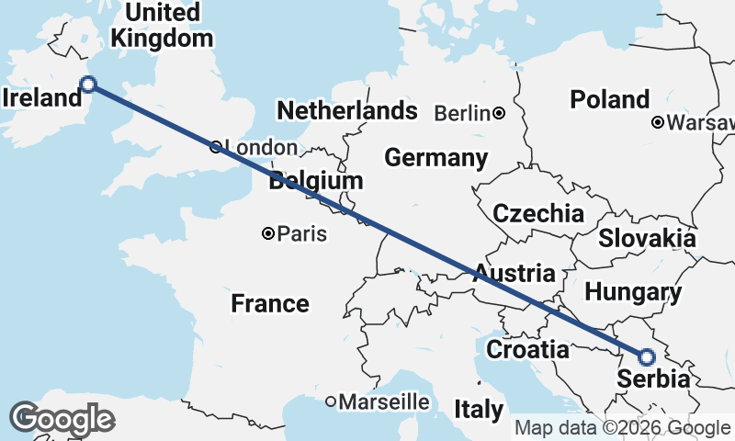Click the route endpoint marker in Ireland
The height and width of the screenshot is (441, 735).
click(x=88, y=85)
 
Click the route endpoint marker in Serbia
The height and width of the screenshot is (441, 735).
click(x=646, y=356)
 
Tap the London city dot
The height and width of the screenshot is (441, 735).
click(x=215, y=147)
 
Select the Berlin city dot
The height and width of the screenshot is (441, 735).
click(x=498, y=113)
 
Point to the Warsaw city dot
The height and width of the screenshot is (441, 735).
click(x=658, y=122)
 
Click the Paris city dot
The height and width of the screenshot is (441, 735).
click(x=267, y=234)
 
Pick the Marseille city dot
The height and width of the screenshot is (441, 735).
click(x=332, y=401)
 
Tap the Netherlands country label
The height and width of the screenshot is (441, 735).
click(x=347, y=111)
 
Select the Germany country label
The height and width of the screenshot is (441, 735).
click(x=435, y=158)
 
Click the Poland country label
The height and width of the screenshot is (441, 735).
click(x=609, y=99)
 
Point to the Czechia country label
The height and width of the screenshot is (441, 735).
click(x=538, y=214)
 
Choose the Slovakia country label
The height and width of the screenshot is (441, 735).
click(x=647, y=239)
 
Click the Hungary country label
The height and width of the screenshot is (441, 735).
click(x=633, y=293)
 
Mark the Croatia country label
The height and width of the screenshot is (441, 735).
click(x=527, y=349)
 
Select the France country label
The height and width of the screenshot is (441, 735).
click(x=269, y=303)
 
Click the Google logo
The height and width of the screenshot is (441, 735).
click(x=62, y=419)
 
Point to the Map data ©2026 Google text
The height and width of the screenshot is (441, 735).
click(x=622, y=428)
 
